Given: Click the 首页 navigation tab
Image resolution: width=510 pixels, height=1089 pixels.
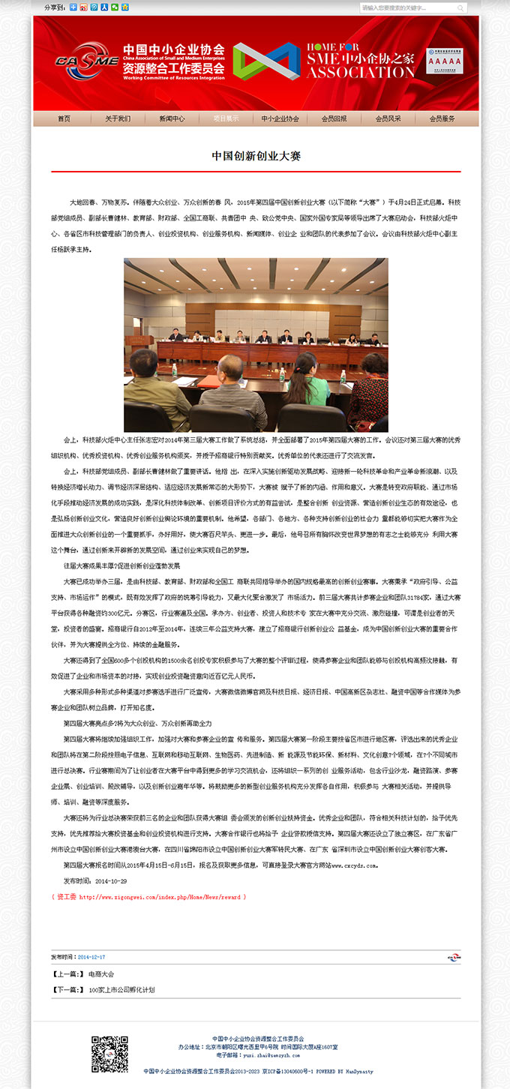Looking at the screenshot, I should pos(64,118).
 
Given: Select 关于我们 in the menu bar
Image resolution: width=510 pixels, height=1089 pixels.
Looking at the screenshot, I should pos(118,118).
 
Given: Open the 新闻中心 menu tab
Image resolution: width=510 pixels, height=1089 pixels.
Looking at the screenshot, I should pos(172,118).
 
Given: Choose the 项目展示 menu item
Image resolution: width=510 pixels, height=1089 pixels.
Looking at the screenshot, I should pos(226,118).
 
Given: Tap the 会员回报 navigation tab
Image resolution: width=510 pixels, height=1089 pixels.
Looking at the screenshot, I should pos(334,118).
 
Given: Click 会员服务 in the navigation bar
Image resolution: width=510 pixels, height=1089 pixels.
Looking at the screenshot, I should pos(442,118).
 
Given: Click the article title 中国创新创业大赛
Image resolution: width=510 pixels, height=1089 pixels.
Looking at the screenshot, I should pos(256,156).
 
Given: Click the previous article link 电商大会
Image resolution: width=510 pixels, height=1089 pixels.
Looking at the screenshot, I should pos(100,974).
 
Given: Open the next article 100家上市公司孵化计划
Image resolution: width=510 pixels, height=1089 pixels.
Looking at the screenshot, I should pos(121,990).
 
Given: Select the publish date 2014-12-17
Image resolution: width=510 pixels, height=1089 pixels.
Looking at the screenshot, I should pos(91,957).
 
